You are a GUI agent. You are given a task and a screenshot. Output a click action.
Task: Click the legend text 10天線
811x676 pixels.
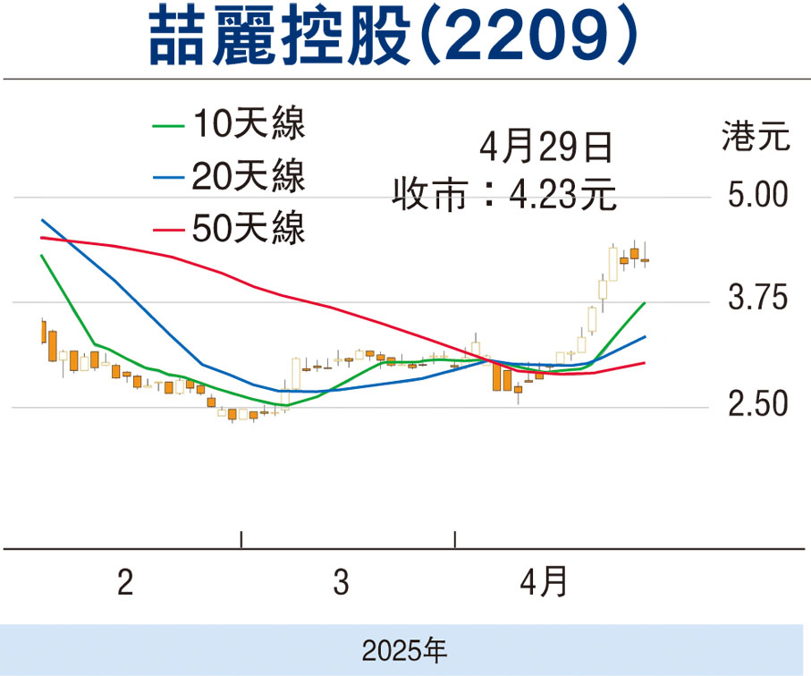[247, 125]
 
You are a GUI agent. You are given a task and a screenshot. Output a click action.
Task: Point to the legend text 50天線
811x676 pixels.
[247, 229]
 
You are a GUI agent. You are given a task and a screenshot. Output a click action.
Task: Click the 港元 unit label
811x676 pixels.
[756, 139]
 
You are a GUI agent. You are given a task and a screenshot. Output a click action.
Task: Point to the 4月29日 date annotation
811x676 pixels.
[546, 147]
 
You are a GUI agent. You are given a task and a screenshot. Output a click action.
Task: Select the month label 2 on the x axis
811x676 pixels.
[125, 583]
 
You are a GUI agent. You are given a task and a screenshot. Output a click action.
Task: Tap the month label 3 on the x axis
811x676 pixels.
[341, 583]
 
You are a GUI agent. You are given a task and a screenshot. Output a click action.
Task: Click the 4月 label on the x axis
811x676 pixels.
[544, 583]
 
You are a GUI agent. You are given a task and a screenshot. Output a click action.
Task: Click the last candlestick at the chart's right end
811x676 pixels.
[645, 259]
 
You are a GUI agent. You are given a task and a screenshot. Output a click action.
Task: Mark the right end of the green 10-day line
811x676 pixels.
[645, 304]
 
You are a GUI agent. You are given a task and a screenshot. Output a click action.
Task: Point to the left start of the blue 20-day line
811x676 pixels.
[42, 219]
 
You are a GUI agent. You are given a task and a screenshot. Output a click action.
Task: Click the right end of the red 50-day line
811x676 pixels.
[645, 362]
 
